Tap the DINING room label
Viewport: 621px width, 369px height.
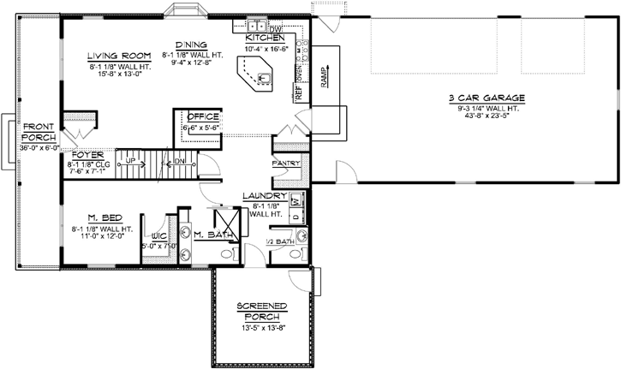point(190,45)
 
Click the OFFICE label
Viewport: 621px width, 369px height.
point(204,116)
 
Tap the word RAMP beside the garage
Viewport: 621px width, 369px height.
point(324,79)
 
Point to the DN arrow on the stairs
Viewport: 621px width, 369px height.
point(181,161)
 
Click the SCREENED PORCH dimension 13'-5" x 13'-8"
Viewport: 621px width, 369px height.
point(261,326)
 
